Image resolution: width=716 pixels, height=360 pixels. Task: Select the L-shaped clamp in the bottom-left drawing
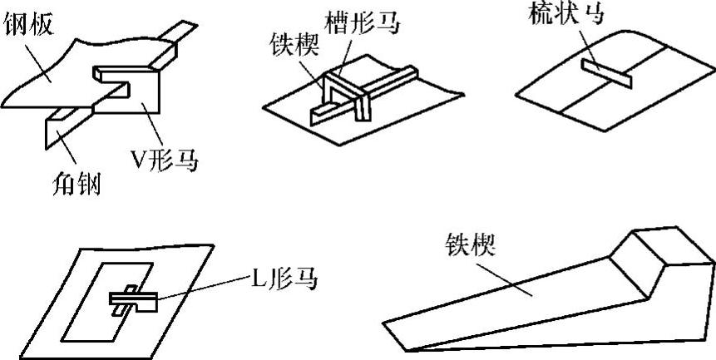[133, 298]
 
